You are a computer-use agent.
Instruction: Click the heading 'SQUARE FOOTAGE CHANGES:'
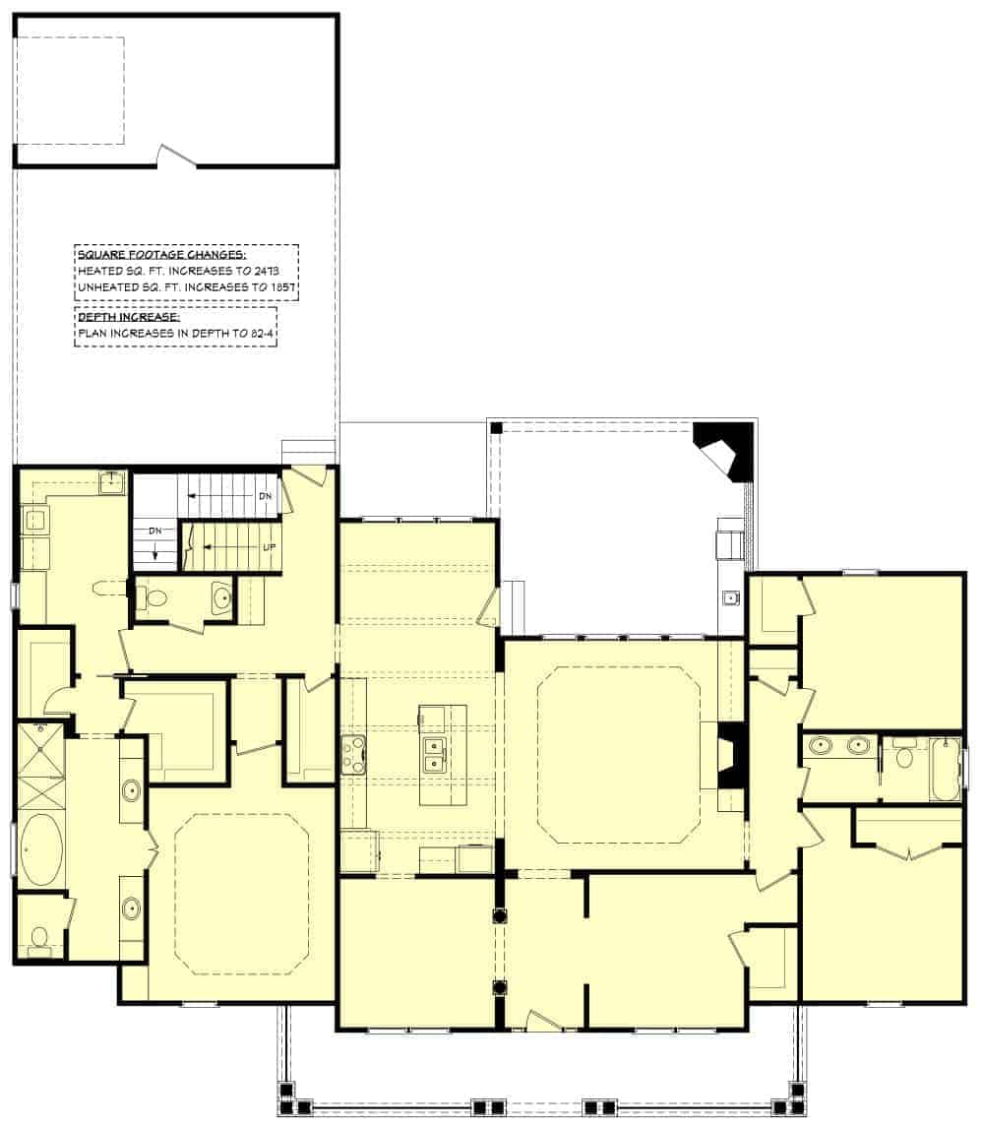[149, 255]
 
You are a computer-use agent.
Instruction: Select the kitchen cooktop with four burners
[353, 755]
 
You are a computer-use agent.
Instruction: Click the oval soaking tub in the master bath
[39, 849]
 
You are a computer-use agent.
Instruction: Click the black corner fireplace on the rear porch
[726, 450]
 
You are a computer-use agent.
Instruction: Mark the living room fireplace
[730, 755]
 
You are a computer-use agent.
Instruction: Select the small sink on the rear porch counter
[731, 597]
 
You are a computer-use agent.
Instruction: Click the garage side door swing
[178, 156]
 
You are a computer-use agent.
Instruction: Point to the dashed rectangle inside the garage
[70, 91]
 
